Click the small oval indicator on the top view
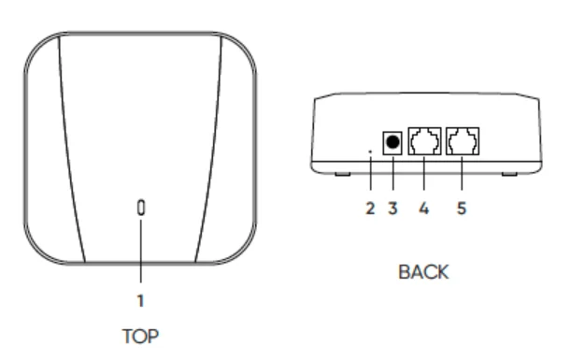point(141,208)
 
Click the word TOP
point(141,337)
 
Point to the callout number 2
point(371,209)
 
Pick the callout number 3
point(393,209)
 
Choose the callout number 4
point(424,209)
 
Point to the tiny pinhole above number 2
point(372,148)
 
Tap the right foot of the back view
point(510,173)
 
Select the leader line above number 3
point(393,180)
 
